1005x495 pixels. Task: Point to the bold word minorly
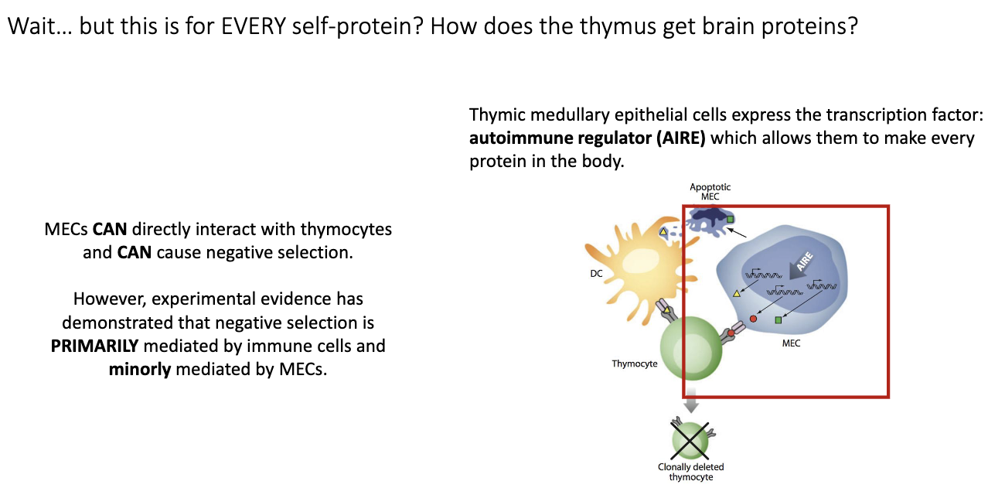140,369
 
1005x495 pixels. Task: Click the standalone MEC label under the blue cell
791,343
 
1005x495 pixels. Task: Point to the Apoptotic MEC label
710,192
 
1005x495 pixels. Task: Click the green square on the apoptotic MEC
729,220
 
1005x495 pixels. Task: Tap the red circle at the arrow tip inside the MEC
753,319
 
